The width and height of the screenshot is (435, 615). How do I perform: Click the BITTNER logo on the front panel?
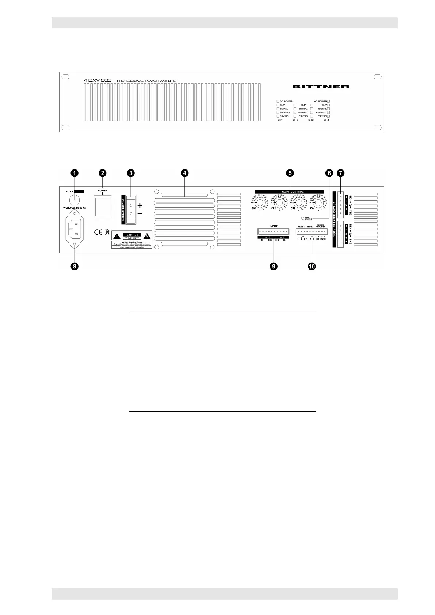coord(321,87)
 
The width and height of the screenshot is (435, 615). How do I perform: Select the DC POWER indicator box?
coord(278,101)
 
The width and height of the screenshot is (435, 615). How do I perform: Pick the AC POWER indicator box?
coord(329,101)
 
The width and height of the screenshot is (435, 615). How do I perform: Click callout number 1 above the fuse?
coord(74,173)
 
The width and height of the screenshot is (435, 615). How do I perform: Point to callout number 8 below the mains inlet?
coord(74,266)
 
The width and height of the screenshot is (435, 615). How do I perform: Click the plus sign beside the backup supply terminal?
coord(140,206)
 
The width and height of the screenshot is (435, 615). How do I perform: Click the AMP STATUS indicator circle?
coord(302,218)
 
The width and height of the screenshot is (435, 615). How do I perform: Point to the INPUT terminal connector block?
coord(273,231)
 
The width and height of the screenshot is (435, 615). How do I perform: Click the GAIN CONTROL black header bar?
coord(289,191)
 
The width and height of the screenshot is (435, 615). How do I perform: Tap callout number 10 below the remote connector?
coord(312,266)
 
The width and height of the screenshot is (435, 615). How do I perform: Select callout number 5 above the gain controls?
coord(289,173)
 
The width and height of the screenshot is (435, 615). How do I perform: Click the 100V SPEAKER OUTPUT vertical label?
coord(335,219)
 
